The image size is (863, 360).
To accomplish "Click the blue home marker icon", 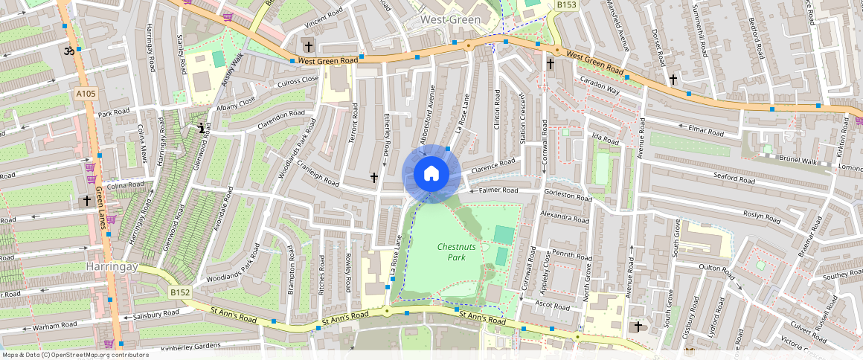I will coord(431,174).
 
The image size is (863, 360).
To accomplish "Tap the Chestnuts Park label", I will coord(452,251).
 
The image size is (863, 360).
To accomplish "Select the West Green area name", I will coord(450,19).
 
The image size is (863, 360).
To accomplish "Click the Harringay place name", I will coord(112,266).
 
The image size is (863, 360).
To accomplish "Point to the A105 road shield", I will coord(85,94).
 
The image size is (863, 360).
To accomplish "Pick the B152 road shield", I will coord(179,292).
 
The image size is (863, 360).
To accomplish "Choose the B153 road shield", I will coord(567,5).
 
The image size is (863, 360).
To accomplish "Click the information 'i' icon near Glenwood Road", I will coord(202,128).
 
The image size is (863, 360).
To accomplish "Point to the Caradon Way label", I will coord(600,89).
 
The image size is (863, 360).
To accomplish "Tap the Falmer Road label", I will coord(498,191).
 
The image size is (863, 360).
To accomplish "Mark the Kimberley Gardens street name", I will coord(190,346).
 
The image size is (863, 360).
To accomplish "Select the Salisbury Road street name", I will coord(155,315).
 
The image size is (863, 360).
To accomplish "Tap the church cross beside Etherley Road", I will coord(373,177).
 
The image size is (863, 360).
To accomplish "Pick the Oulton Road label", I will coord(716,268).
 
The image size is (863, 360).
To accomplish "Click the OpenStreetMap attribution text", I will coord(74,355).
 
